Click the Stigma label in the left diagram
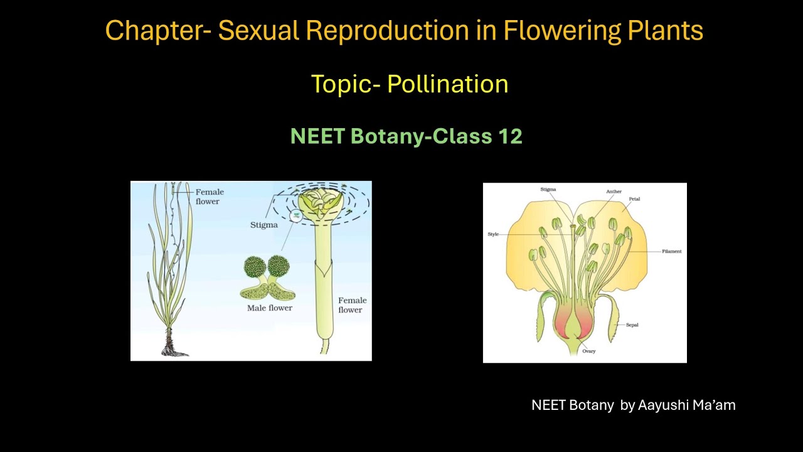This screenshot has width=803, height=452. click(263, 225)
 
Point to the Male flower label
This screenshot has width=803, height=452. click(270, 308)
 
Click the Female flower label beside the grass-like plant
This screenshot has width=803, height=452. click(210, 196)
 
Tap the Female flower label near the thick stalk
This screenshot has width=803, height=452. click(352, 304)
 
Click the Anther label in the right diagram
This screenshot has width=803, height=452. click(614, 191)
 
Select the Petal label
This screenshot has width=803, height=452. click(634, 199)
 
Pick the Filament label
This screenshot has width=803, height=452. click(671, 251)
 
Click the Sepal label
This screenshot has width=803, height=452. click(632, 325)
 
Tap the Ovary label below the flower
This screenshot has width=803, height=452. click(588, 351)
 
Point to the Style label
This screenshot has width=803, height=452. click(493, 234)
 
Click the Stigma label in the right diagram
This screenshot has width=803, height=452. click(548, 189)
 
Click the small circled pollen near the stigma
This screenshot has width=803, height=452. click(295, 215)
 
